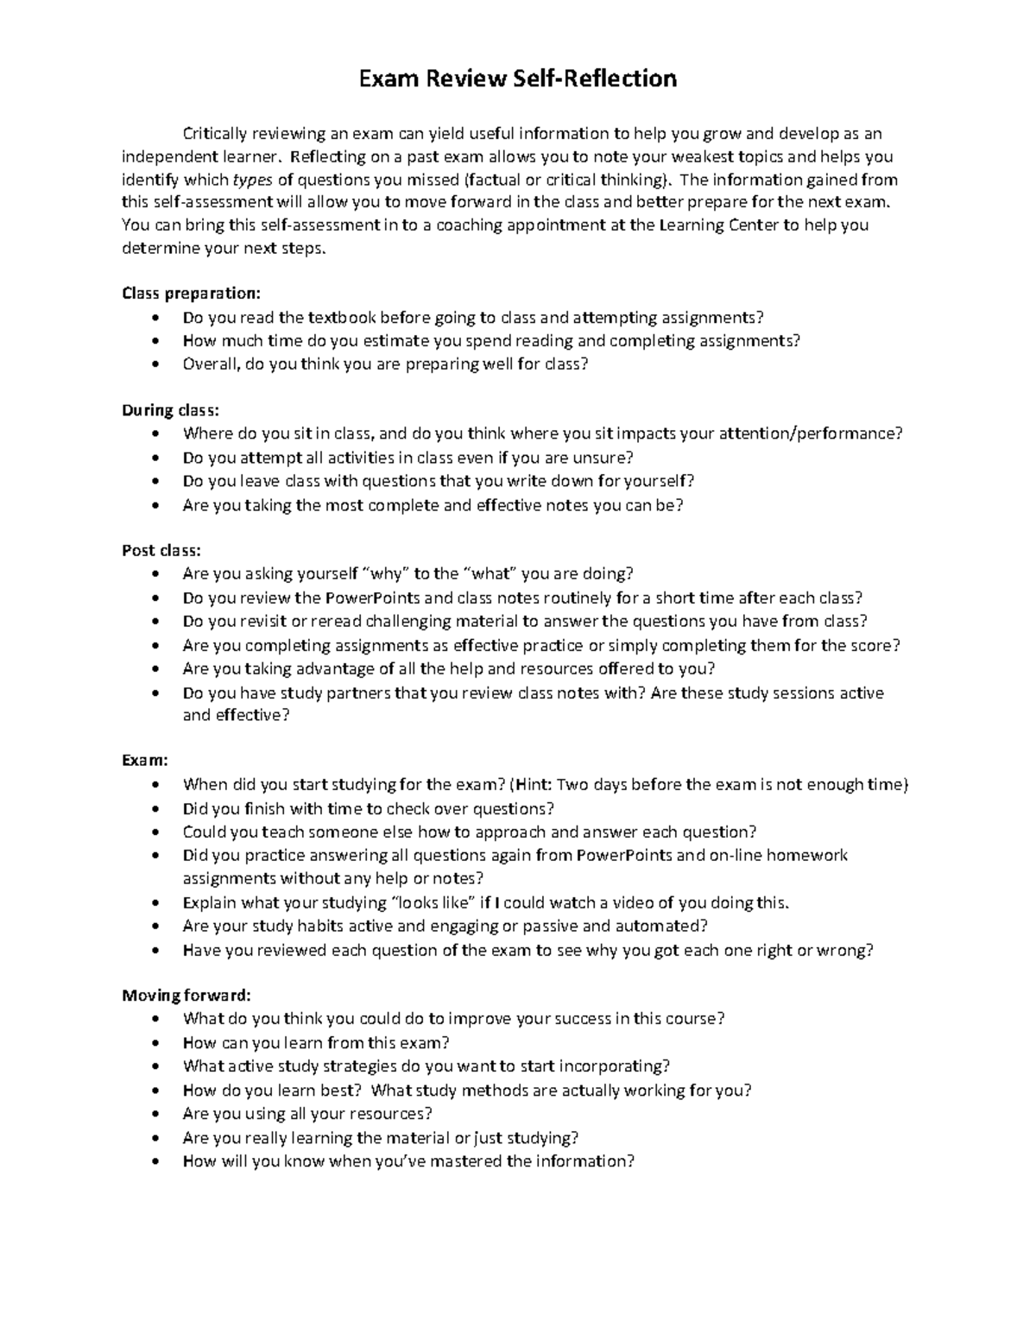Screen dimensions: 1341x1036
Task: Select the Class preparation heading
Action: pyautogui.click(x=190, y=294)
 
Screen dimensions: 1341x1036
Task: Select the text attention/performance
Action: pyautogui.click(x=810, y=433)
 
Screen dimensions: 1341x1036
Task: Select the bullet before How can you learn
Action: pyautogui.click(x=155, y=1043)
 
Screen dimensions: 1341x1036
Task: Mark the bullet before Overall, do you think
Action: pyautogui.click(x=155, y=364)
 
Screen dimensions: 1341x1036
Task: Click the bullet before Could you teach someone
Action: pyautogui.click(x=155, y=833)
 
